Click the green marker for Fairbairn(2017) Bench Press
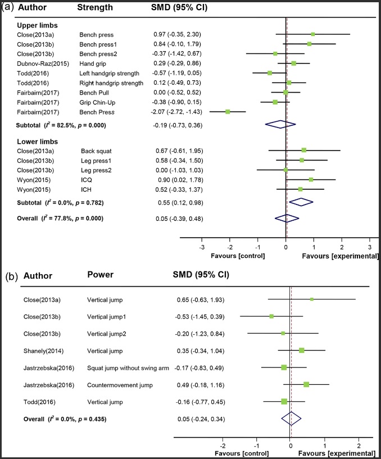click(x=228, y=112)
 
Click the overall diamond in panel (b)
click(x=291, y=419)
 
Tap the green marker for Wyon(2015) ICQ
click(x=311, y=179)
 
